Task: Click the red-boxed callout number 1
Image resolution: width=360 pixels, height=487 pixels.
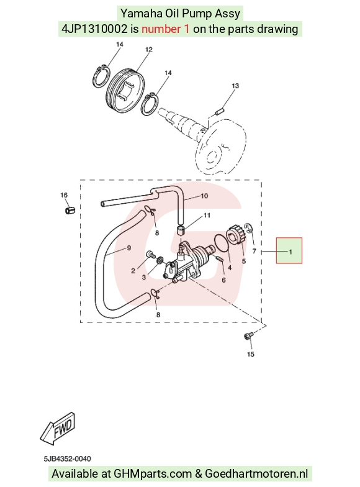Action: tap(290, 252)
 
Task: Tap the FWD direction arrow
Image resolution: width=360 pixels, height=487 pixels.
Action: tap(58, 427)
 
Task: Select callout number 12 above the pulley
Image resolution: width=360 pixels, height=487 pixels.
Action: tap(149, 50)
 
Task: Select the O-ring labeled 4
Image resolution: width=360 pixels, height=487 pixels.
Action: tap(222, 243)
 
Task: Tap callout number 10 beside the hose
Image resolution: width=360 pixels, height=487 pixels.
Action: tap(204, 196)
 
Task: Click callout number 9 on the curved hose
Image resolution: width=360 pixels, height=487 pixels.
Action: tap(129, 248)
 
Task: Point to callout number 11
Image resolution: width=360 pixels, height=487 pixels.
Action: tap(207, 215)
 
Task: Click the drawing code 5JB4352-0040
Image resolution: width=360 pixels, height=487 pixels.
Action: tap(67, 458)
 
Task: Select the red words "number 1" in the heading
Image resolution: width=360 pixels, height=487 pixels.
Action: tap(165, 29)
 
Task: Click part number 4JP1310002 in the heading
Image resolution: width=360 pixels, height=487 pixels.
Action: tap(94, 29)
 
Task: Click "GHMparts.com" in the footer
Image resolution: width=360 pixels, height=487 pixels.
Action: tap(153, 473)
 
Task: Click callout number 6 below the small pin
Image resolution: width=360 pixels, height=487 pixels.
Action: tap(223, 280)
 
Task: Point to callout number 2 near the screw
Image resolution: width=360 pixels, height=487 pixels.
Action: tap(133, 271)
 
